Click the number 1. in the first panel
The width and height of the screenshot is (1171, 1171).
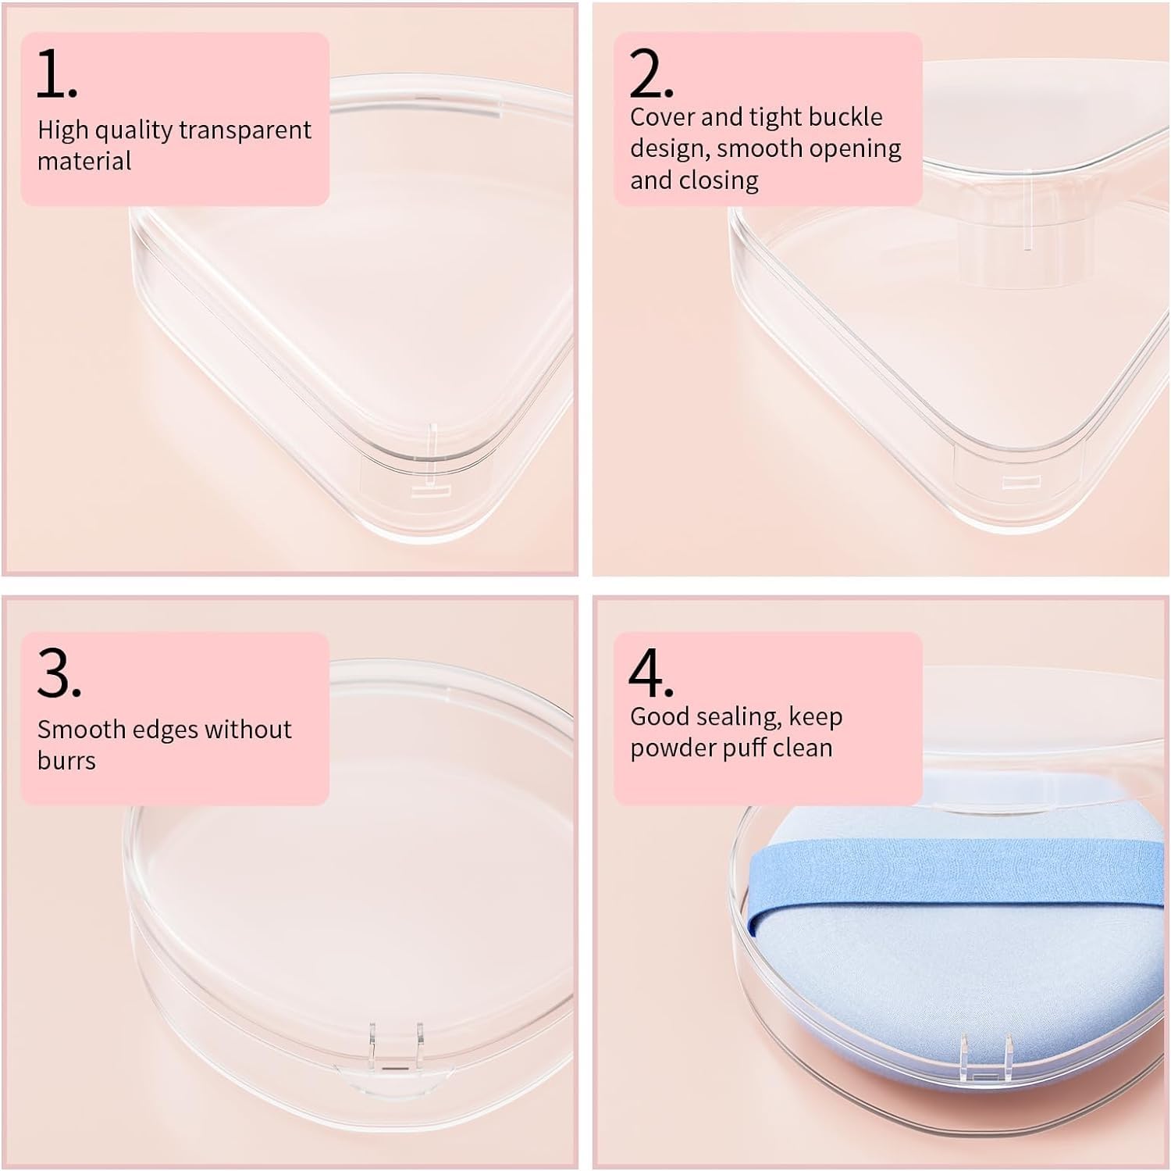[57, 74]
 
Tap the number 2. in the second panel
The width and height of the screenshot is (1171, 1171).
[650, 74]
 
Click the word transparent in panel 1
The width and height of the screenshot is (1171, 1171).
[245, 130]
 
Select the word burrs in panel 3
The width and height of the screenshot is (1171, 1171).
[66, 760]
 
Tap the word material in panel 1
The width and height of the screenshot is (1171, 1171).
[84, 161]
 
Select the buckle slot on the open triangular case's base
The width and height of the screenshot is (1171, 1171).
[1016, 480]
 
